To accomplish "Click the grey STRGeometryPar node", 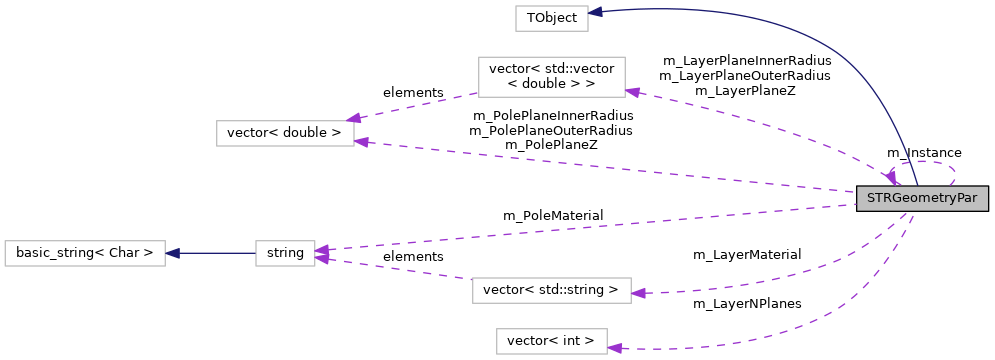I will pos(922,198).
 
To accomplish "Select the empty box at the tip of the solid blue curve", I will pos(551,18).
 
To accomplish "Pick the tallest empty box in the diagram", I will pos(551,77).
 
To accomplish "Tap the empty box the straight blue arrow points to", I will pos(84,253).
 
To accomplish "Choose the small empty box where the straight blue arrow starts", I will pos(285,253).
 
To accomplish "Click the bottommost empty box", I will pos(551,341).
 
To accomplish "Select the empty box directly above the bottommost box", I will pos(551,290).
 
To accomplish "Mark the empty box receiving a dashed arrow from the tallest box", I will pos(285,133).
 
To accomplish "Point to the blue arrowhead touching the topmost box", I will pos(595,12).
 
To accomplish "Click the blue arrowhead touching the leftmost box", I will pos(172,253).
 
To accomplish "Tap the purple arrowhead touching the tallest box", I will pos(632,92).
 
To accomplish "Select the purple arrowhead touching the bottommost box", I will pos(614,348).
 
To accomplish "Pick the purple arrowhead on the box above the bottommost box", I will pos(638,293).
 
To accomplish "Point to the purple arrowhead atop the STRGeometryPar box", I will pos(890,178).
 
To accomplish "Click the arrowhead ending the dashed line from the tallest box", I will pos(353,119).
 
